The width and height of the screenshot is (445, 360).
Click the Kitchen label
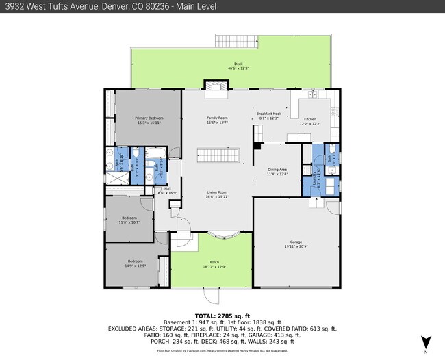310,121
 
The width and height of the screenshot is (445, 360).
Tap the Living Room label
217,194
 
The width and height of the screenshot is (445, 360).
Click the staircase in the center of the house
219,155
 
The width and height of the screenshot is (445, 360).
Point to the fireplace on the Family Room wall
216,86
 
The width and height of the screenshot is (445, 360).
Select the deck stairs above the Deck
235,40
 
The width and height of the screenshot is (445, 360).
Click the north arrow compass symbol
426,342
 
